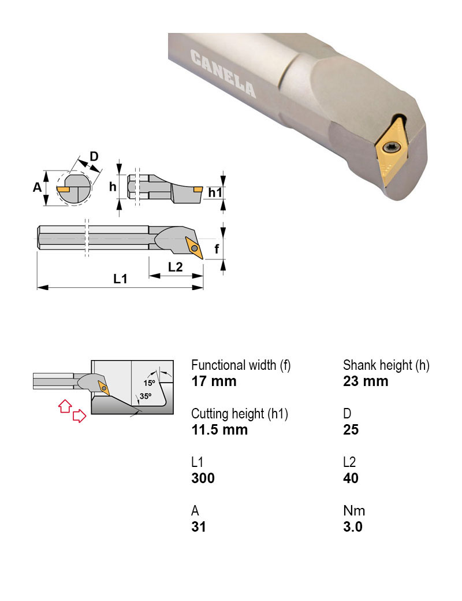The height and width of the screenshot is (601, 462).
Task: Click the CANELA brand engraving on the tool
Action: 223,73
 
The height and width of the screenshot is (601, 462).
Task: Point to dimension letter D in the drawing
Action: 94,156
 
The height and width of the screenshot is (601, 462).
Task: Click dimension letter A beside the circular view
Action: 37,187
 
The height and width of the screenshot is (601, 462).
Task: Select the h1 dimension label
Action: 215,192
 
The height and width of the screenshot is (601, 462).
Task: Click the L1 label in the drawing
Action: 120,279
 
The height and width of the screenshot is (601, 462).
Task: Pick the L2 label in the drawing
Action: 175,267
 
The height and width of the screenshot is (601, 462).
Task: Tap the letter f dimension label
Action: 217,248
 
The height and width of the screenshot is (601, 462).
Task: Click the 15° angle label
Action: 150,383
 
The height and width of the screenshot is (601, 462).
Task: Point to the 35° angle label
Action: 145,396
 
